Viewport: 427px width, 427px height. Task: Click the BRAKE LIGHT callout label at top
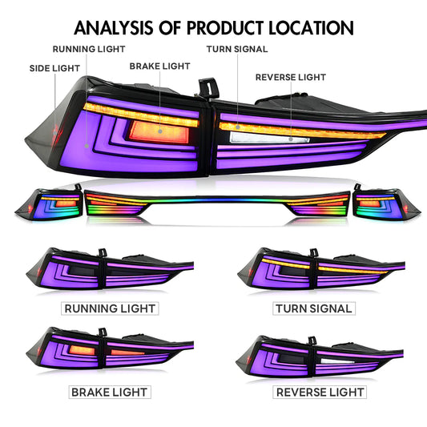coord(159,65)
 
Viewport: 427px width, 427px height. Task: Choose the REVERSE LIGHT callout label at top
coord(291,78)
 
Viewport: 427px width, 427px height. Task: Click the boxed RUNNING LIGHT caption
coord(110,308)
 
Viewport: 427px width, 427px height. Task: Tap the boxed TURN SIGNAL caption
coord(313,308)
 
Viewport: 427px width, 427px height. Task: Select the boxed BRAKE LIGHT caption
coord(110,392)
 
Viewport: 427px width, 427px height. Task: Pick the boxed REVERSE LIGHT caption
coord(320,392)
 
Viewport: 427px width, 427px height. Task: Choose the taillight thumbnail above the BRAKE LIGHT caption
coord(108,353)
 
